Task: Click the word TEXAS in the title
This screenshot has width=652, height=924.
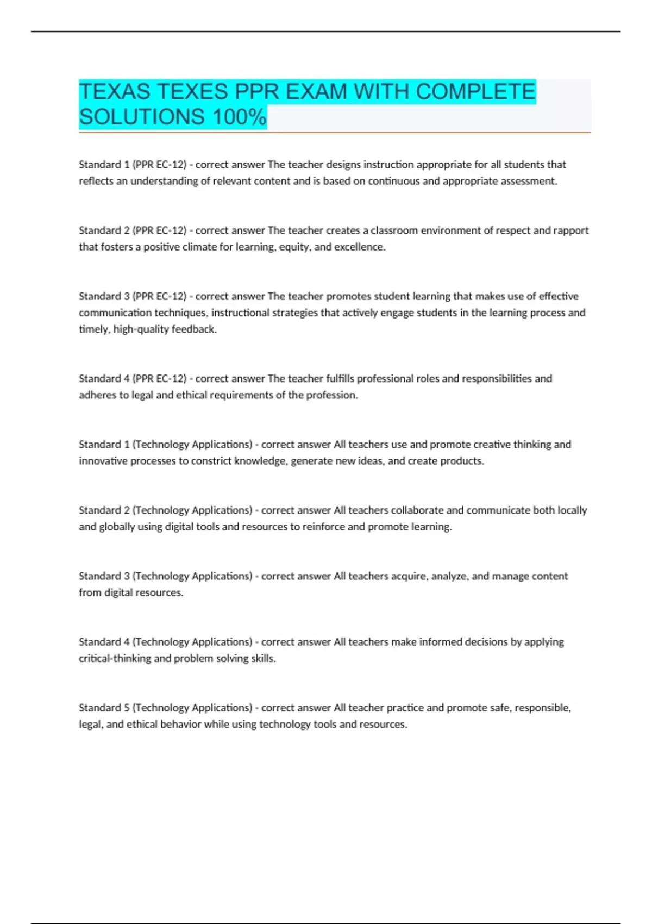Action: coord(114,91)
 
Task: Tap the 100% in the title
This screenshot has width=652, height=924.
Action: coord(239,117)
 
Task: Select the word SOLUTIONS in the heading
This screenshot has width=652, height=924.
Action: coord(142,117)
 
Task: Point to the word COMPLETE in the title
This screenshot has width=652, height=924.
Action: coord(475,91)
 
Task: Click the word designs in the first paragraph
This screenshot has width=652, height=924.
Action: coord(343,165)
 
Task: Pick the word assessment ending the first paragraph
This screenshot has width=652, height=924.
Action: coord(529,181)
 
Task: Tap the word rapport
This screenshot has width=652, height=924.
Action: coord(570,230)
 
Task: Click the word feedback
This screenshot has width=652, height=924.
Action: coord(193,329)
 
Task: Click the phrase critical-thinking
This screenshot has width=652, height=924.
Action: coord(115,658)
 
